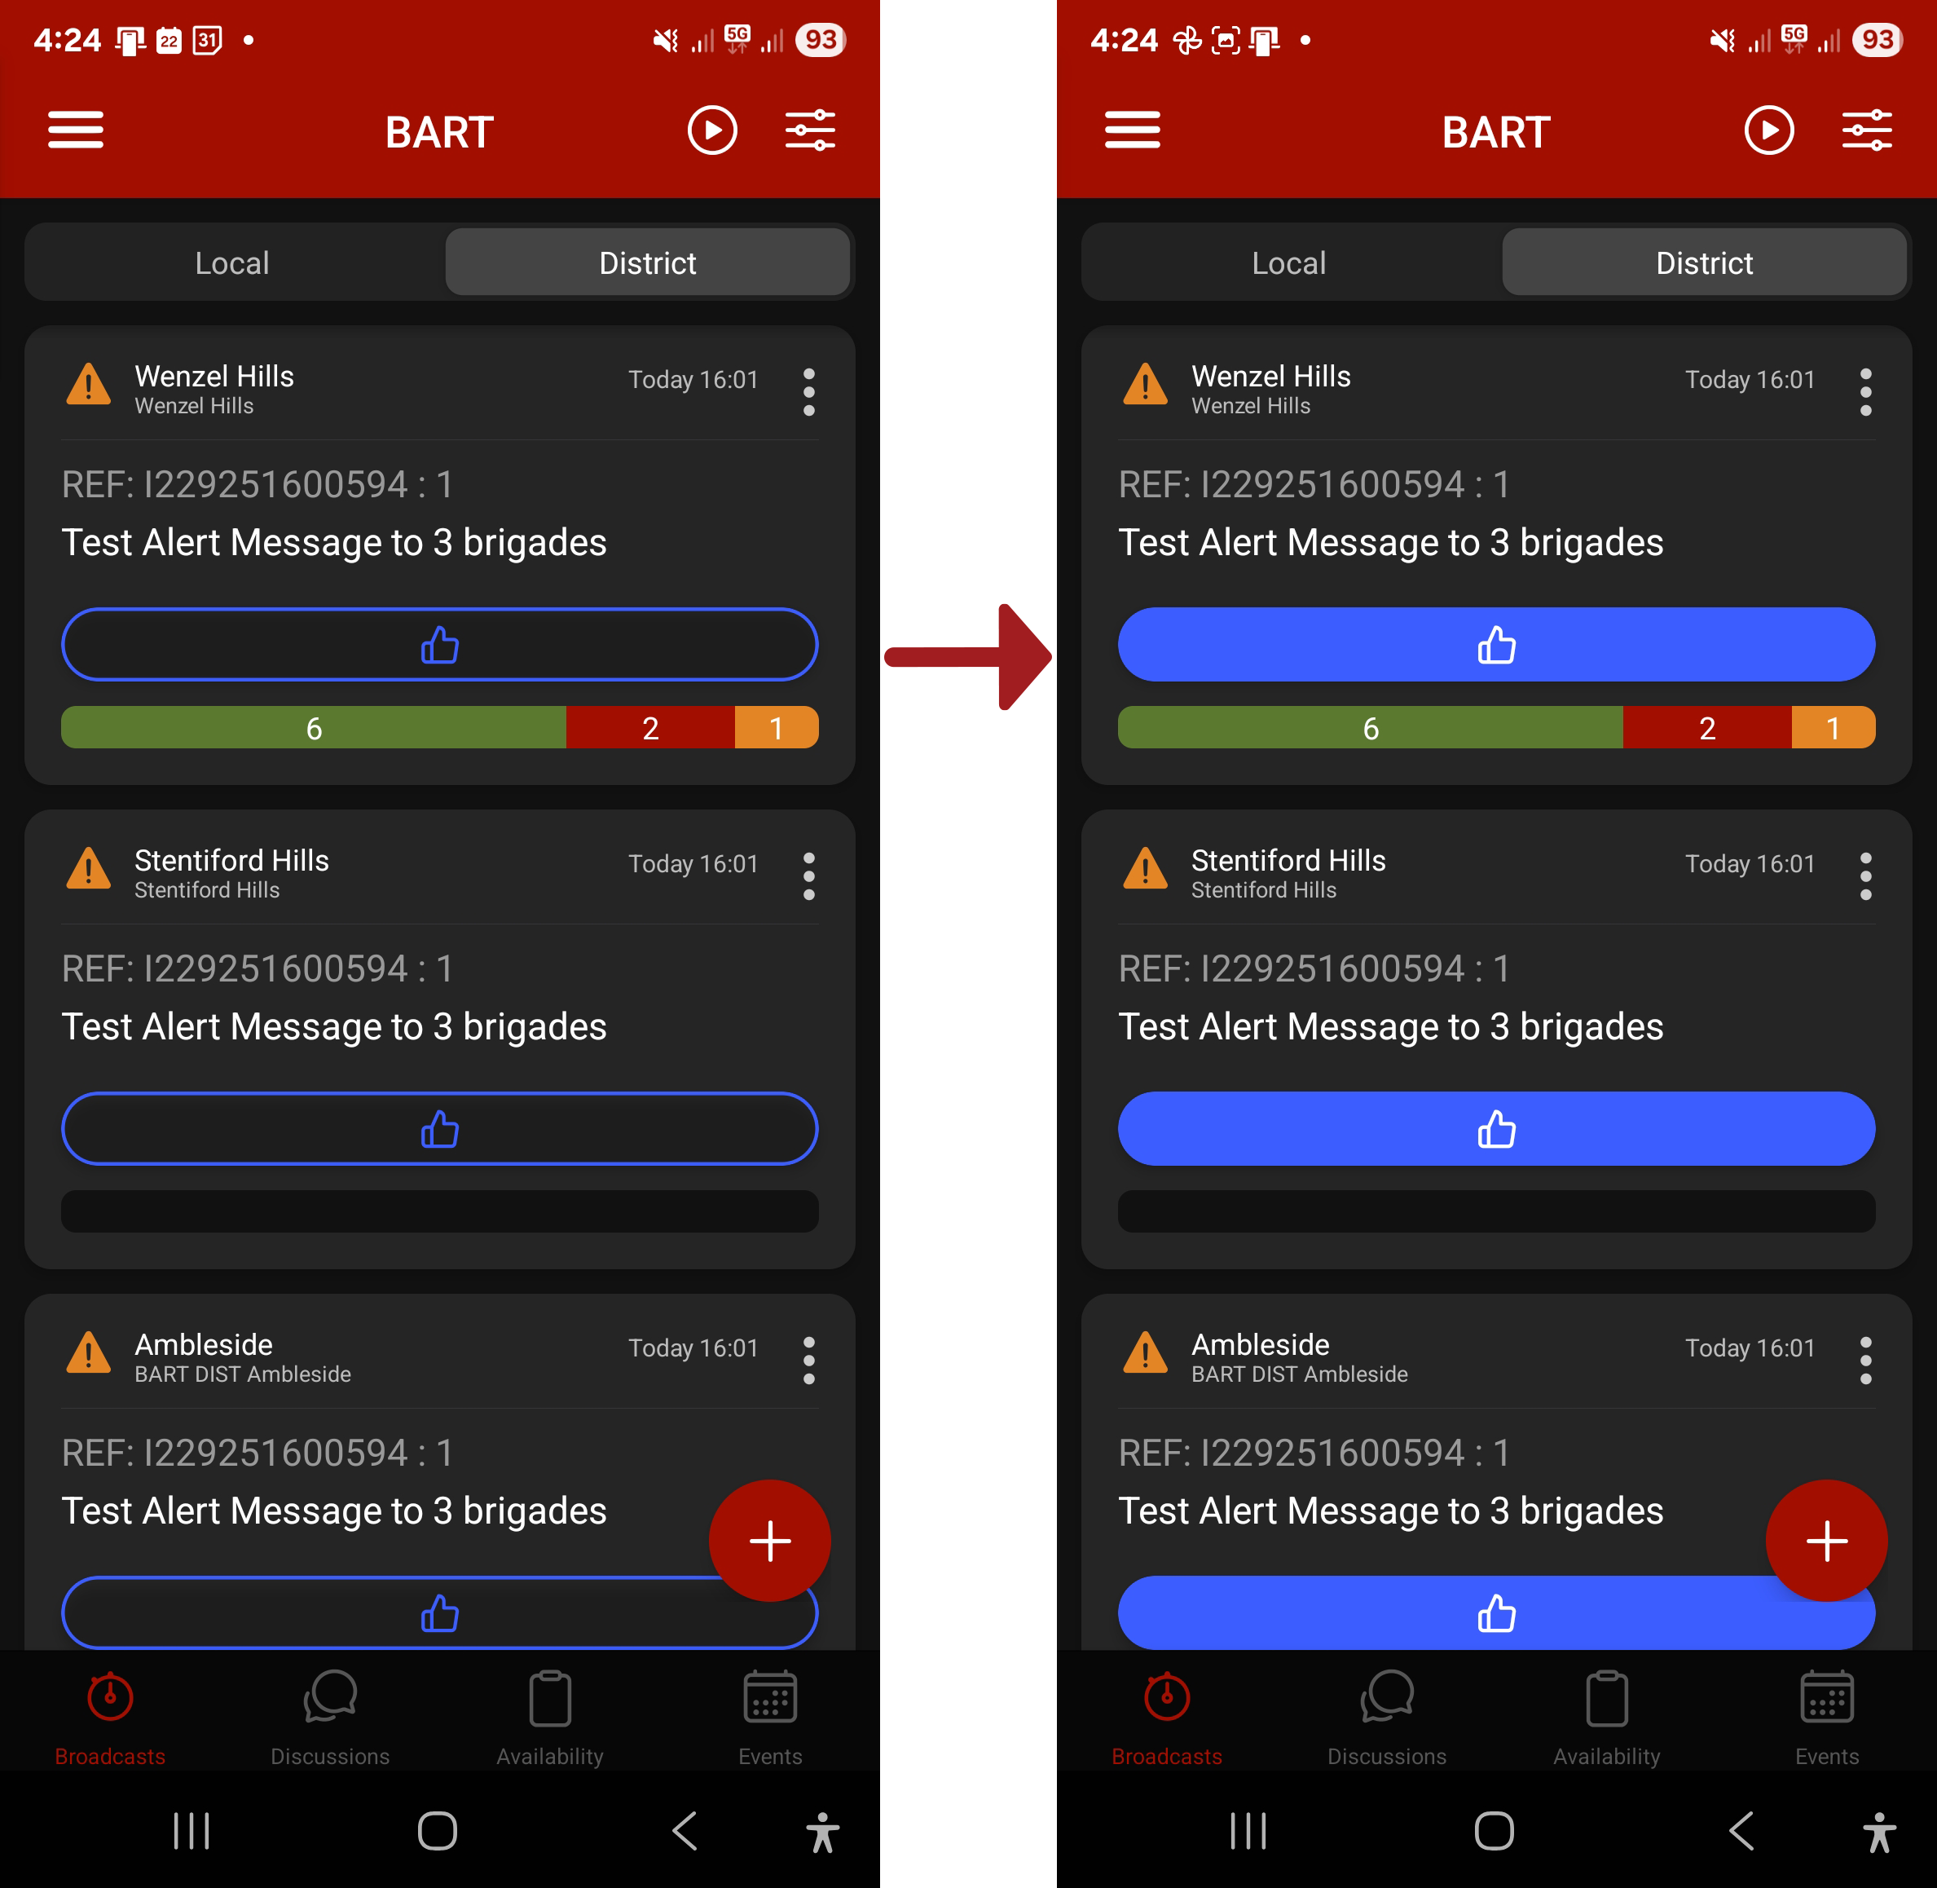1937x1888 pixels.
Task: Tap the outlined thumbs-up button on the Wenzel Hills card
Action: pyautogui.click(x=439, y=645)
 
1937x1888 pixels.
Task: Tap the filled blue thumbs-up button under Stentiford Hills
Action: pyautogui.click(x=1496, y=1128)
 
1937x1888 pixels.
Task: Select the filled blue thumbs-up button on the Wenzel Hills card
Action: pyautogui.click(x=1496, y=645)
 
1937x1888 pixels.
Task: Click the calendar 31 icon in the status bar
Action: pyautogui.click(x=207, y=41)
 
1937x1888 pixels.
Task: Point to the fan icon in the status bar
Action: pyautogui.click(x=1186, y=41)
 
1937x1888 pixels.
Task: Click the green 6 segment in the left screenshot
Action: pyautogui.click(x=313, y=728)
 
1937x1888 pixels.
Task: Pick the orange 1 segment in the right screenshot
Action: pyautogui.click(x=1833, y=728)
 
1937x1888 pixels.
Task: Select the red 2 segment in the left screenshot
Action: pyautogui.click(x=650, y=728)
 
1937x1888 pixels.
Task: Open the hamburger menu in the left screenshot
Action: pyautogui.click(x=75, y=130)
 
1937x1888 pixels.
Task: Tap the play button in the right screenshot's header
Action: pyautogui.click(x=1768, y=130)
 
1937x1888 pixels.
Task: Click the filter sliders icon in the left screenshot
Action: pyautogui.click(x=810, y=130)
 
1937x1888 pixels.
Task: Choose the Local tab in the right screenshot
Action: pyautogui.click(x=1288, y=262)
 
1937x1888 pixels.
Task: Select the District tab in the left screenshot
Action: pyautogui.click(x=647, y=262)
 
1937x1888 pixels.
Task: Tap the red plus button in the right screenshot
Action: pyautogui.click(x=1826, y=1541)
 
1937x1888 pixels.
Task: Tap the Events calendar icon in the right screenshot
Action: pyautogui.click(x=1827, y=1697)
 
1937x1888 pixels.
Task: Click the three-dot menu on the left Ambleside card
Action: pyautogui.click(x=809, y=1361)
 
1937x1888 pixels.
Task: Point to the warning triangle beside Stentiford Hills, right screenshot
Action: pyautogui.click(x=1145, y=869)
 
